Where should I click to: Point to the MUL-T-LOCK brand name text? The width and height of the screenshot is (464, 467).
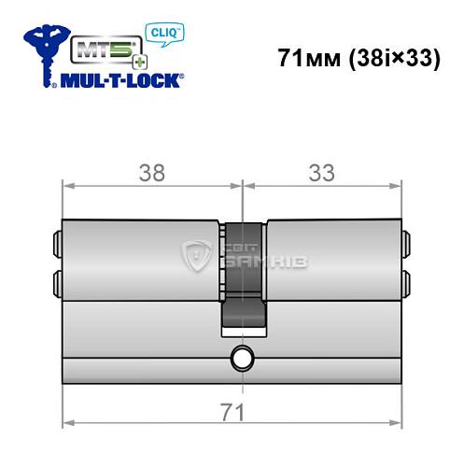tap(121, 81)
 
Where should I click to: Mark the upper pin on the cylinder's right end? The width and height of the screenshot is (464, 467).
tap(408, 245)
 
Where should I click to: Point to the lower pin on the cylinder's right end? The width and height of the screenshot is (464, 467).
tap(408, 281)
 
